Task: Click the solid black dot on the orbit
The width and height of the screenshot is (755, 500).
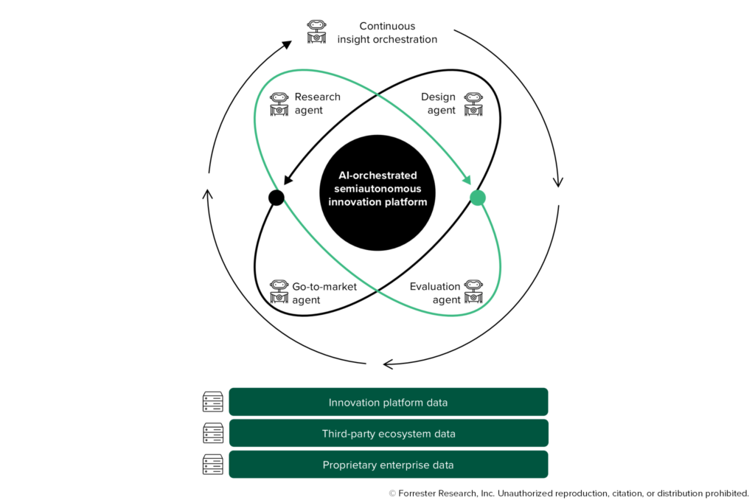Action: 276,198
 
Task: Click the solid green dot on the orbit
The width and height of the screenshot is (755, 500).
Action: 478,198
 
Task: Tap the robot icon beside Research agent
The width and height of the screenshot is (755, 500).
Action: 279,104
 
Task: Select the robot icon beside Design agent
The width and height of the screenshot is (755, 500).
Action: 473,104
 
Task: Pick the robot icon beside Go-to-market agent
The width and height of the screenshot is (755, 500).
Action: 279,292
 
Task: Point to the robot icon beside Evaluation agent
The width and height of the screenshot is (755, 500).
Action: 473,292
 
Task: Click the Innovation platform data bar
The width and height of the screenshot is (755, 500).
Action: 388,402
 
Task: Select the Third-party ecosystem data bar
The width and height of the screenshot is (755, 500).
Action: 388,434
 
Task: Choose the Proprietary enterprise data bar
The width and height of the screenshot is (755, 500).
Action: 388,465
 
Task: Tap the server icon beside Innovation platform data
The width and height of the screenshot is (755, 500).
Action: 212,402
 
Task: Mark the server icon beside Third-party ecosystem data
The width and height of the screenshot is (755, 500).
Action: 212,434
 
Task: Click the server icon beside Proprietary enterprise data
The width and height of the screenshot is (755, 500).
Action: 212,465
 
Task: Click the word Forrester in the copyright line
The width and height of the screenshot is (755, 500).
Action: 421,493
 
